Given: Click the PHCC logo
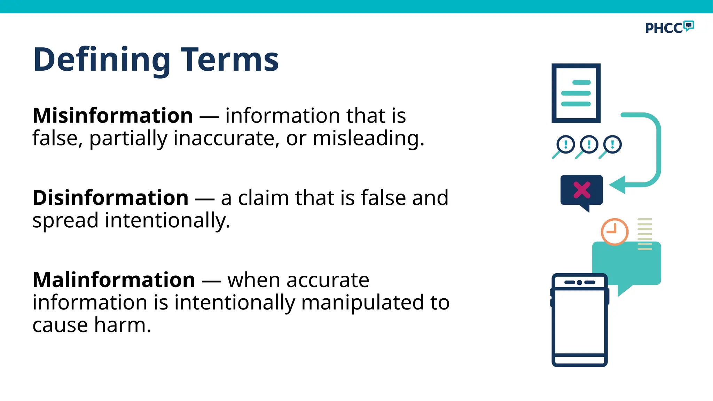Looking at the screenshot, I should [669, 27].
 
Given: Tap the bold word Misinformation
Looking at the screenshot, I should [112, 116].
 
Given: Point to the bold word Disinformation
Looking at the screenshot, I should [110, 198].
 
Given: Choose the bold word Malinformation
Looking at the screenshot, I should [113, 280].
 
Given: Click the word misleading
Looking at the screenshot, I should [368, 139].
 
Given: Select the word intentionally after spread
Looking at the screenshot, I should [167, 221].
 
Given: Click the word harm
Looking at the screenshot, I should [123, 325].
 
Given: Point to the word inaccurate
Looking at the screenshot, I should [226, 139].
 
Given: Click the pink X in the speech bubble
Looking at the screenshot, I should [581, 190].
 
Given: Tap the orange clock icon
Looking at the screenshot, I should [614, 231].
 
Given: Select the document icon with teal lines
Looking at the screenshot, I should [576, 93].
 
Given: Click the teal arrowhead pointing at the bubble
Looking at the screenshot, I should [618, 184].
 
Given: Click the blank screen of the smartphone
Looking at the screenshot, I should [579, 322].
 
